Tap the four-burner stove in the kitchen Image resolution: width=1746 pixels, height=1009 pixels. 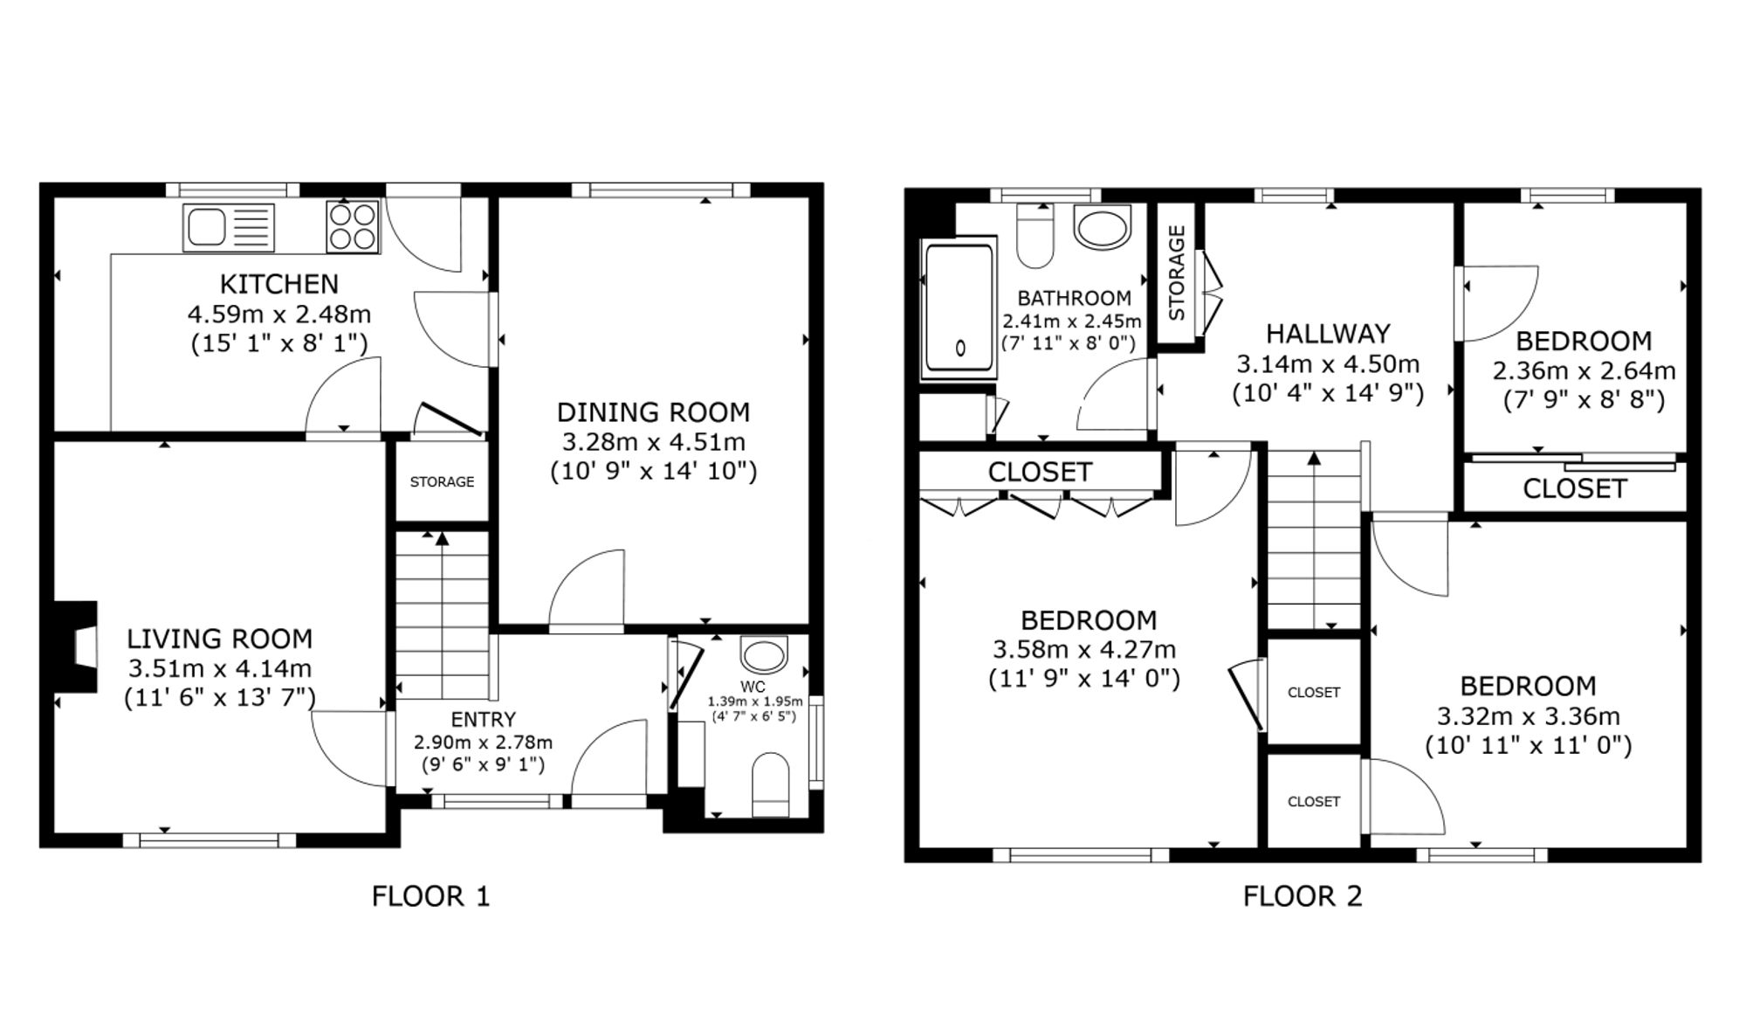[x=354, y=226]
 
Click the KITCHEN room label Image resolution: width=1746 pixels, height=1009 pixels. [x=278, y=284]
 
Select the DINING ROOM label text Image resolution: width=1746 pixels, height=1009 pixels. [x=653, y=412]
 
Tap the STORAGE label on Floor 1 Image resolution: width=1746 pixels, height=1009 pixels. [x=442, y=482]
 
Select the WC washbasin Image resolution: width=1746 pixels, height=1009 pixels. [x=762, y=654]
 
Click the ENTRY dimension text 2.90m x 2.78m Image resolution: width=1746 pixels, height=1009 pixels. [x=483, y=743]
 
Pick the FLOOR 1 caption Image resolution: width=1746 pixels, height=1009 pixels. [x=430, y=896]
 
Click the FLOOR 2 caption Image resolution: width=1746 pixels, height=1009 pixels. [x=1302, y=896]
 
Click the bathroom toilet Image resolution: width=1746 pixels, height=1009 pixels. [x=1035, y=237]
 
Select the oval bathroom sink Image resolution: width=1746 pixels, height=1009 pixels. [x=1103, y=228]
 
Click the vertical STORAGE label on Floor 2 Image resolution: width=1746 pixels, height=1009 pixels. [x=1176, y=273]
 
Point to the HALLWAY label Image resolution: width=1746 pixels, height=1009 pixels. [x=1327, y=334]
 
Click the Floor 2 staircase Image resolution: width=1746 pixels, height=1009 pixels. [x=1314, y=542]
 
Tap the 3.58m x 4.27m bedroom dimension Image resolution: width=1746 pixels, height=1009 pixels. [x=1084, y=650]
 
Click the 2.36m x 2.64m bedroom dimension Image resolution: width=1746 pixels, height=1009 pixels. [x=1584, y=371]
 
